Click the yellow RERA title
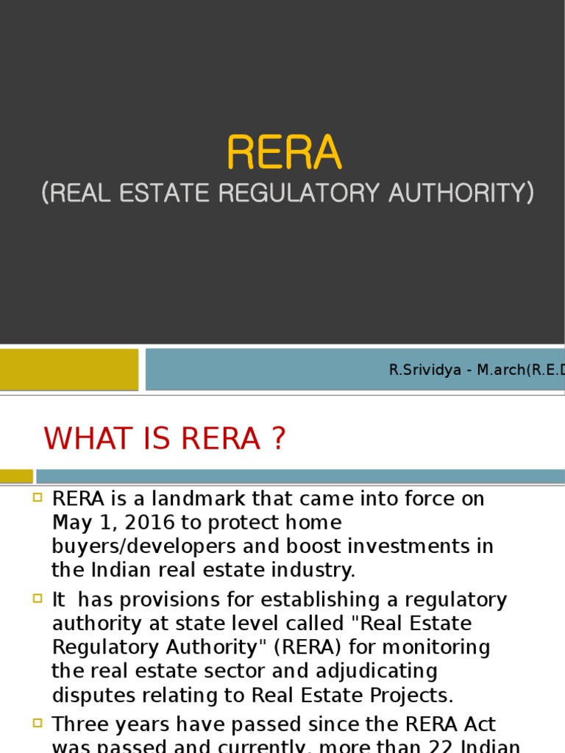pos(284,153)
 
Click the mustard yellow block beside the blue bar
pos(68,369)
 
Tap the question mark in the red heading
pos(277,439)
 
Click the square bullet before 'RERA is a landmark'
pos(38,498)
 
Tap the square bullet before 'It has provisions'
pos(38,599)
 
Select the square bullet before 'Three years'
pos(38,724)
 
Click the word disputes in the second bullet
pos(90,695)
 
